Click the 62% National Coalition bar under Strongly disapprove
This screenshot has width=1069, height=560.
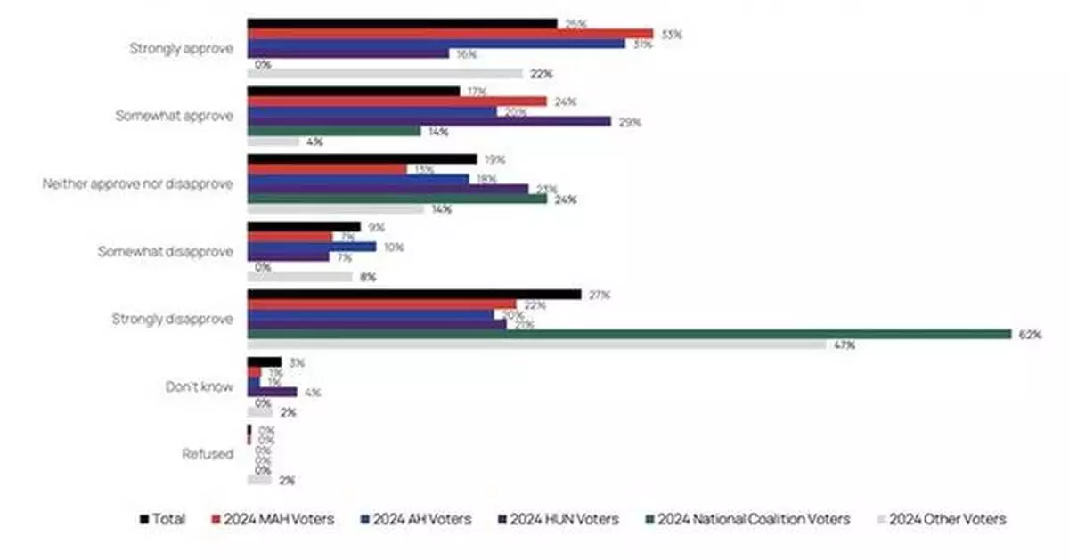pyautogui.click(x=632, y=334)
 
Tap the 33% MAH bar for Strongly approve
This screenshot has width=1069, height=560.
pyautogui.click(x=450, y=34)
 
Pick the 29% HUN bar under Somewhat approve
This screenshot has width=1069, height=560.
pyautogui.click(x=428, y=121)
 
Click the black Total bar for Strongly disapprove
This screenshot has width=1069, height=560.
pyautogui.click(x=413, y=295)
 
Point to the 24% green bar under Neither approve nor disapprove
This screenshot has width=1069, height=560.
pyautogui.click(x=396, y=199)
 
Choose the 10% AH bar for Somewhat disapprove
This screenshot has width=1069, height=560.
pyautogui.click(x=311, y=247)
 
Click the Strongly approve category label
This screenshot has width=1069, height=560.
pyautogui.click(x=182, y=49)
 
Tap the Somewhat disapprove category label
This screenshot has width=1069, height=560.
pyautogui.click(x=165, y=252)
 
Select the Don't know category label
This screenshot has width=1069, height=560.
pyautogui.click(x=200, y=387)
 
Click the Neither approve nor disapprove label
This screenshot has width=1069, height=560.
pyautogui.click(x=138, y=184)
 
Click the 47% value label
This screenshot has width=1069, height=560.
pyautogui.click(x=845, y=345)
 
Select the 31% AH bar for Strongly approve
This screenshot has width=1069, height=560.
pyautogui.click(x=436, y=44)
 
